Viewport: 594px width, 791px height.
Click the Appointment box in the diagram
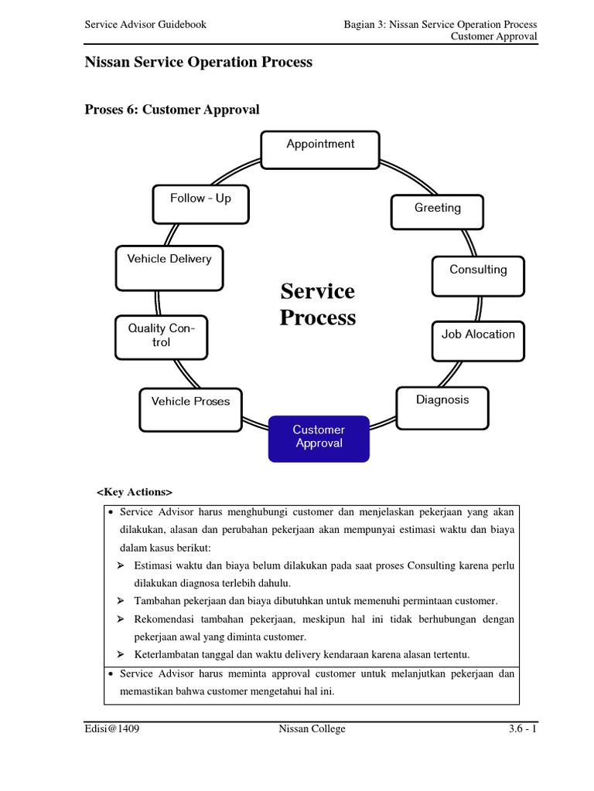tap(320, 150)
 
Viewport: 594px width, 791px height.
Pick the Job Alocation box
tap(478, 340)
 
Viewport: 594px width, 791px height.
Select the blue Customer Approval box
tap(319, 438)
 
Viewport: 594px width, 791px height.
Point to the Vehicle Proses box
tap(190, 408)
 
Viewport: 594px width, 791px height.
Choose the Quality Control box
tap(161, 337)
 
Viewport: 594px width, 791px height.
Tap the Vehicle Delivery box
tap(169, 266)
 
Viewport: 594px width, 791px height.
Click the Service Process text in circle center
tap(318, 304)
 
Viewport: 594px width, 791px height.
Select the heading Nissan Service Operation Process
tap(198, 63)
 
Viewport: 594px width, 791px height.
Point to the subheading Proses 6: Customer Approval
tap(172, 110)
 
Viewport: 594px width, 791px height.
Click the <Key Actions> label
tap(135, 491)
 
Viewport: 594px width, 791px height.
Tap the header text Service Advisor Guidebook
tap(145, 25)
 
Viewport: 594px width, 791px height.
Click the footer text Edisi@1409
tap(114, 728)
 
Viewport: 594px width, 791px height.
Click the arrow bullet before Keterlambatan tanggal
tap(121, 655)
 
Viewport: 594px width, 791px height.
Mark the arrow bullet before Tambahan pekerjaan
tap(121, 601)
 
